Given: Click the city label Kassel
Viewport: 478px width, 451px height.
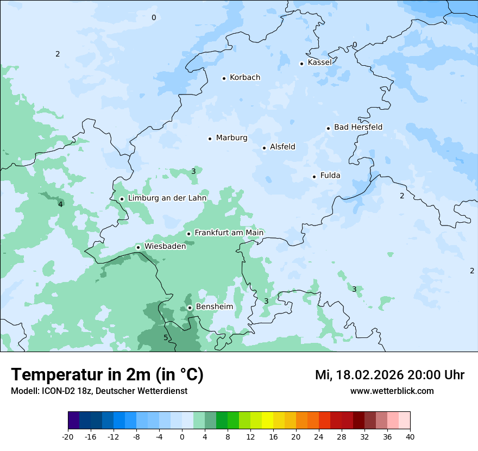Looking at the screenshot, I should (x=319, y=62).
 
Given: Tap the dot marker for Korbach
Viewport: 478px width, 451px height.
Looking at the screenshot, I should (x=224, y=78).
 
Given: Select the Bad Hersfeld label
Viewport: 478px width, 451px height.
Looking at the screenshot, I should (x=358, y=127).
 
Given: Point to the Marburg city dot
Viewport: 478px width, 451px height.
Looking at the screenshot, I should (x=210, y=139).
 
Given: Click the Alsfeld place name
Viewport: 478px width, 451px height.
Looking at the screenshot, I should (x=282, y=147).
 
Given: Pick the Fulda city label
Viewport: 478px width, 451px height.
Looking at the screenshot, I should (x=330, y=176).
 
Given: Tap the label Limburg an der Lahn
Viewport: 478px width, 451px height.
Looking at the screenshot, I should (x=167, y=198).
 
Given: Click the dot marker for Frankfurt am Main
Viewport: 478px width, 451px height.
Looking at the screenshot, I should (x=189, y=234).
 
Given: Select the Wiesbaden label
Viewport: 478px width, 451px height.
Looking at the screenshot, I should (x=165, y=246).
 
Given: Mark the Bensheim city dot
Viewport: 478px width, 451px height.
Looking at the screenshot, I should (x=190, y=308).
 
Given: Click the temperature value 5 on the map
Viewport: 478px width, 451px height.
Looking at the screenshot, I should (x=166, y=337).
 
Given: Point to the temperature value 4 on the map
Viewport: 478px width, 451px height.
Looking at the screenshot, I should (x=60, y=204).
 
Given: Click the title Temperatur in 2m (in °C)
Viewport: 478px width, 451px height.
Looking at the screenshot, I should (x=107, y=375).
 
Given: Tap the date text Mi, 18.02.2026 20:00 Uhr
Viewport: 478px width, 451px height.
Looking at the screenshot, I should (x=389, y=375).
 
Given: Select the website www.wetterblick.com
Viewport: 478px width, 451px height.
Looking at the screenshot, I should (x=392, y=391).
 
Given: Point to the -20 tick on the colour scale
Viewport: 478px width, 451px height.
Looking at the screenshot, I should (x=68, y=436).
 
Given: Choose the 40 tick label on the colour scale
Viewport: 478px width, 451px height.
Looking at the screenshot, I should (x=410, y=436).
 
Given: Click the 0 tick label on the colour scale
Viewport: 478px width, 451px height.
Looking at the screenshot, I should (x=182, y=436).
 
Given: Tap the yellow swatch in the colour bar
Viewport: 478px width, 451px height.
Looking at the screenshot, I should (x=267, y=421).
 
